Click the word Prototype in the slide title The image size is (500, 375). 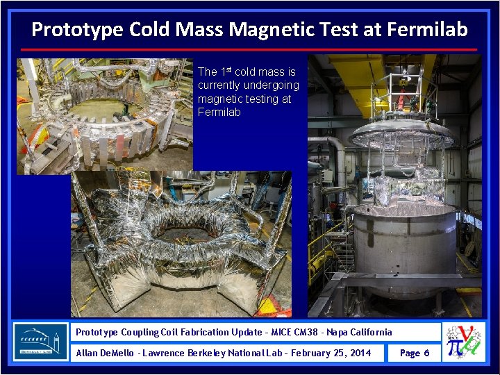click(67, 30)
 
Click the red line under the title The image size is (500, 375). click(249, 49)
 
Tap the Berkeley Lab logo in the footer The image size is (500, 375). click(41, 342)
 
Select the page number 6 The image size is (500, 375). click(426, 353)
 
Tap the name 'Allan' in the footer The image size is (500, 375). click(87, 353)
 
